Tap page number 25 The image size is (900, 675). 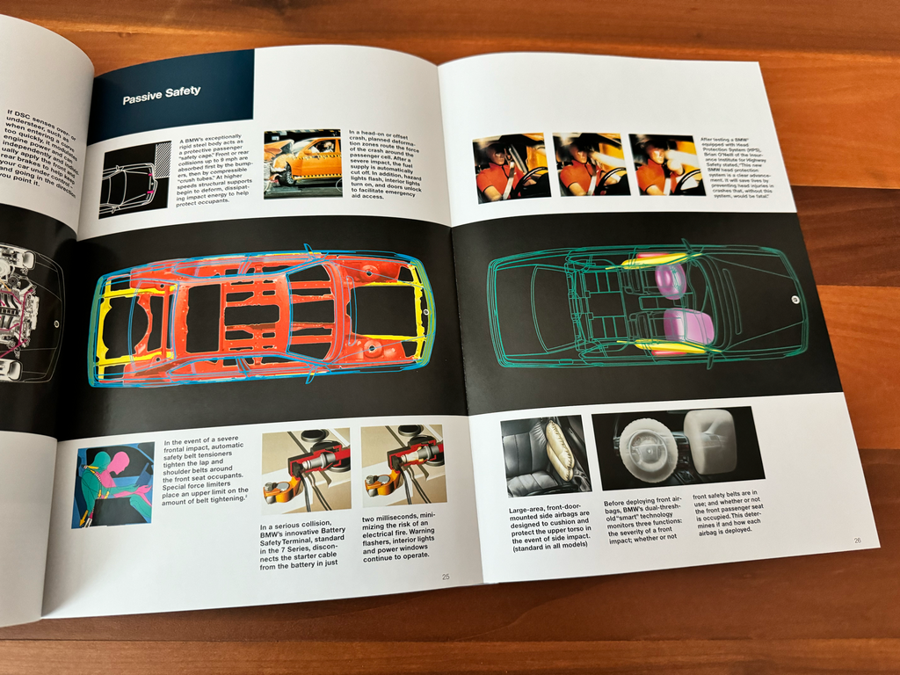(x=446, y=577)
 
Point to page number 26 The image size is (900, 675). (x=857, y=541)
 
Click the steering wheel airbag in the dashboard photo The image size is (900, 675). (x=648, y=449)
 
